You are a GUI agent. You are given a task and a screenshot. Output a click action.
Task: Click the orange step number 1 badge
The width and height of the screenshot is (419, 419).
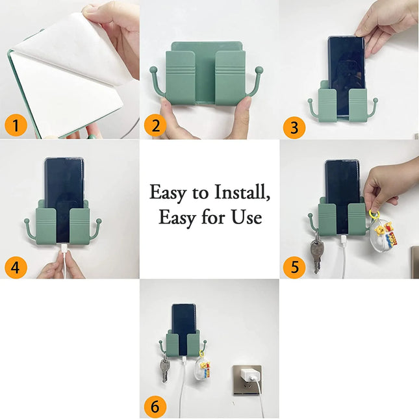(16, 125)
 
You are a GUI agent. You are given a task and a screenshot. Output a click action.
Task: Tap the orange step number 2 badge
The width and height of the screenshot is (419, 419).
(156, 125)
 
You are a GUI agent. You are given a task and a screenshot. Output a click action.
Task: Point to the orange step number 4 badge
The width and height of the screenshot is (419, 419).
(16, 267)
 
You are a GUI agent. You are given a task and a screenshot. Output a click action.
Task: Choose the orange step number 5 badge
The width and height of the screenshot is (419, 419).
(296, 267)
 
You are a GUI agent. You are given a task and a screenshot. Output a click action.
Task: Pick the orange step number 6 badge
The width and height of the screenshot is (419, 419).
(156, 407)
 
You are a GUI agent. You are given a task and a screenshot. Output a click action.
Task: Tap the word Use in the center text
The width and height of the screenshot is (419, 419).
(246, 217)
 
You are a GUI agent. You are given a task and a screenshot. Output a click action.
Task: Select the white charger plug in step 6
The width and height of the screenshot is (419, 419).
(248, 377)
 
